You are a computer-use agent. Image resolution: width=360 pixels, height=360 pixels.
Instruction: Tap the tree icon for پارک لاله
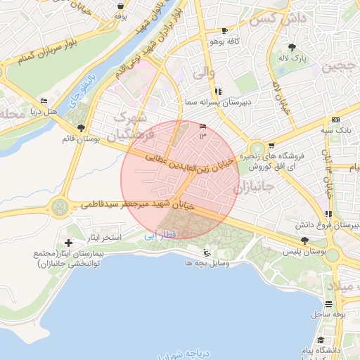[x=291, y=48]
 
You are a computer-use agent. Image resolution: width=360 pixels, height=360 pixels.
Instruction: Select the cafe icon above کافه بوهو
[x=224, y=31]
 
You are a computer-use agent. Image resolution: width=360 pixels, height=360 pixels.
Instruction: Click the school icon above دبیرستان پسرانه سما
[x=217, y=91]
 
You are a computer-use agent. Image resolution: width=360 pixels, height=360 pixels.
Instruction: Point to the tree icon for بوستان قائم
[x=82, y=129]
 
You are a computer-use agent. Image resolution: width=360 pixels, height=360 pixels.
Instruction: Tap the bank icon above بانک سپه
[x=335, y=120]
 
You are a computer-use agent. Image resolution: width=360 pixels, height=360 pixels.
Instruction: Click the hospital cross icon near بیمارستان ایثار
[x=68, y=242]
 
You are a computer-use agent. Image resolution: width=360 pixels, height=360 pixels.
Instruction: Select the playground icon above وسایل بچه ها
[x=206, y=252]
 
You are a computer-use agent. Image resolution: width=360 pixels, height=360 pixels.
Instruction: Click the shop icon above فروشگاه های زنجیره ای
[x=271, y=146]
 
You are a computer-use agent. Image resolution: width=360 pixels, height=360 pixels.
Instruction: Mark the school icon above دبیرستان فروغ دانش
[x=328, y=214]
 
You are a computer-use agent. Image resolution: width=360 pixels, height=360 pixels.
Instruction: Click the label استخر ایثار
[x=108, y=238]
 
